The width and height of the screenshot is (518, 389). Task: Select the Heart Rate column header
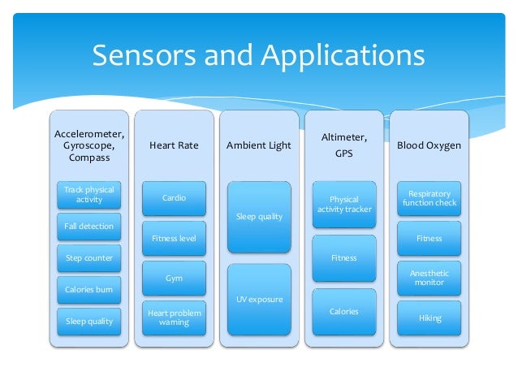coord(174,145)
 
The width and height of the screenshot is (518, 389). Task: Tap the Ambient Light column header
coord(258,145)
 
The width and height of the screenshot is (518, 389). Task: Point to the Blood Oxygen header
coord(429,145)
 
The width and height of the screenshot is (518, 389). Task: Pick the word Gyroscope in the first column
coord(88,145)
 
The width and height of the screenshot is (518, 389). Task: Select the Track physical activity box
coord(89,195)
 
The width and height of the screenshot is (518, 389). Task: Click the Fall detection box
coord(89,226)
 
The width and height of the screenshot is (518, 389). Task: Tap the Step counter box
coord(89,258)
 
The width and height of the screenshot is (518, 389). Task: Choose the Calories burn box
coord(89,290)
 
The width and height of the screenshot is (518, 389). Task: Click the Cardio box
coord(174,197)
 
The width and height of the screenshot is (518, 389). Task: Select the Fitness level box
coord(174,238)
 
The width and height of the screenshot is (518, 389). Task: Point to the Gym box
coord(174,279)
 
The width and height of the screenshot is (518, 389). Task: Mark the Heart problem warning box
coord(174,317)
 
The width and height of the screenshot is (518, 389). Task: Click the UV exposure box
coord(259,300)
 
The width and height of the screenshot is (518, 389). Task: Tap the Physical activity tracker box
coord(344,204)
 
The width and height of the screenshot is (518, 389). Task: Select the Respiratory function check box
coord(430,197)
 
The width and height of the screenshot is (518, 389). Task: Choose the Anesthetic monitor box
coord(430,279)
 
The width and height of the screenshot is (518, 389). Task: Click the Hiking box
coord(430,318)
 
